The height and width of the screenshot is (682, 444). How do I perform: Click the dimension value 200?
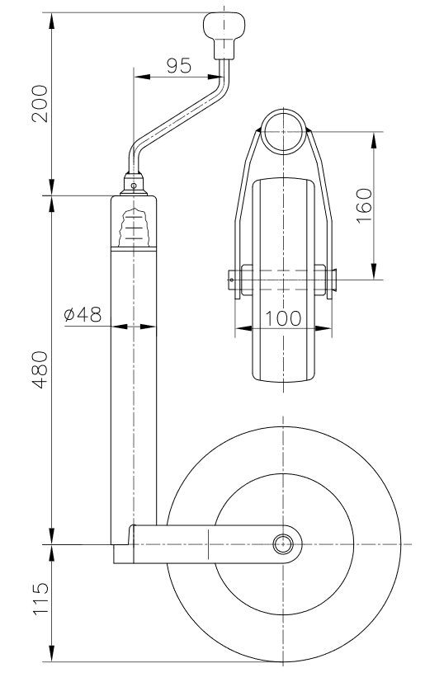click(40, 103)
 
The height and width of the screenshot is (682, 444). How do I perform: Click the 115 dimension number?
click(40, 604)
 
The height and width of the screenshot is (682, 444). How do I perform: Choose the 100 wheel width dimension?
click(283, 318)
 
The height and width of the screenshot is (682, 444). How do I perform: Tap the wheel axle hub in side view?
click(284, 544)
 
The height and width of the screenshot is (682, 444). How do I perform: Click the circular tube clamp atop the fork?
click(285, 132)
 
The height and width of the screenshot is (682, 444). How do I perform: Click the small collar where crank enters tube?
click(134, 183)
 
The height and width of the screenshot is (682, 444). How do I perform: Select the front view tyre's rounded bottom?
click(284, 379)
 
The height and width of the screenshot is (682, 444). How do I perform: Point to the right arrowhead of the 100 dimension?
click(329, 328)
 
